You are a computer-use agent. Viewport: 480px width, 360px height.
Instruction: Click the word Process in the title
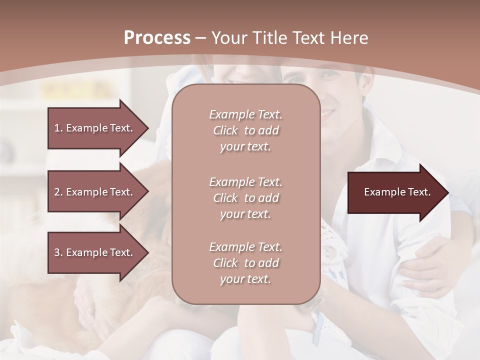157,38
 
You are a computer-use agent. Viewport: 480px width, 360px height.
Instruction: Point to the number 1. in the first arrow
58,128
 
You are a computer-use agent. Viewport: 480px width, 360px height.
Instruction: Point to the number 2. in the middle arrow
58,192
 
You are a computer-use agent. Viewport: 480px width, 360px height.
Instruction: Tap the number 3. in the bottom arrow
58,252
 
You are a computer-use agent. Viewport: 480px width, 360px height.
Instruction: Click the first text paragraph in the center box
245,130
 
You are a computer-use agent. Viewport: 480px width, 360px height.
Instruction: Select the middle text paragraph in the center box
245,198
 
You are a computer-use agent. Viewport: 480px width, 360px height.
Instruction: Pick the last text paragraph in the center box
245,263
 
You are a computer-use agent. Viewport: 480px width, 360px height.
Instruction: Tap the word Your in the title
228,38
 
